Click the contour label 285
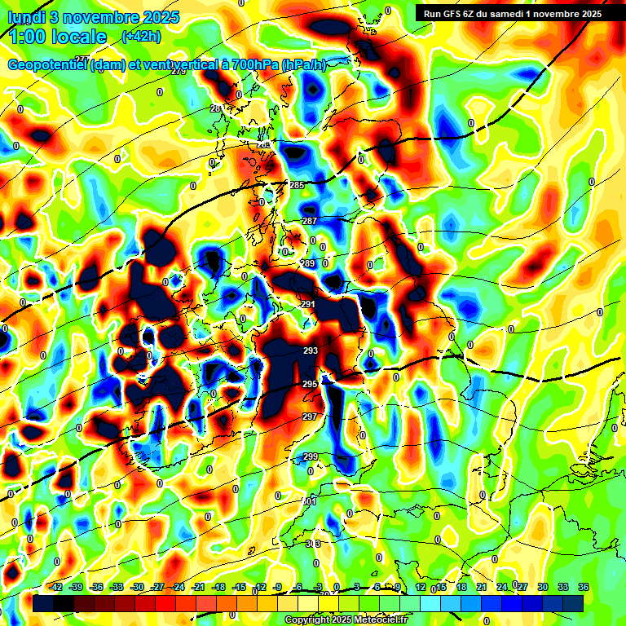297,185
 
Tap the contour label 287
310,221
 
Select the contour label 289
308,263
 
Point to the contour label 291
308,304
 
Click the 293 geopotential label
310,351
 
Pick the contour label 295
310,384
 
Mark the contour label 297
310,417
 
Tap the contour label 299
310,457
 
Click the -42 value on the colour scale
56,587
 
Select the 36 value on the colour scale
583,587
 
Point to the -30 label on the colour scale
137,587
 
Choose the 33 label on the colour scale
562,587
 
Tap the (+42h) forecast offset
140,37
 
